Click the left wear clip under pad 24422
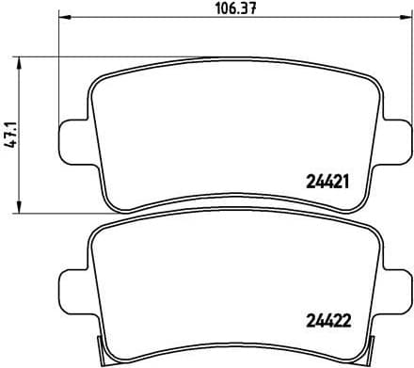(x=101, y=352)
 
